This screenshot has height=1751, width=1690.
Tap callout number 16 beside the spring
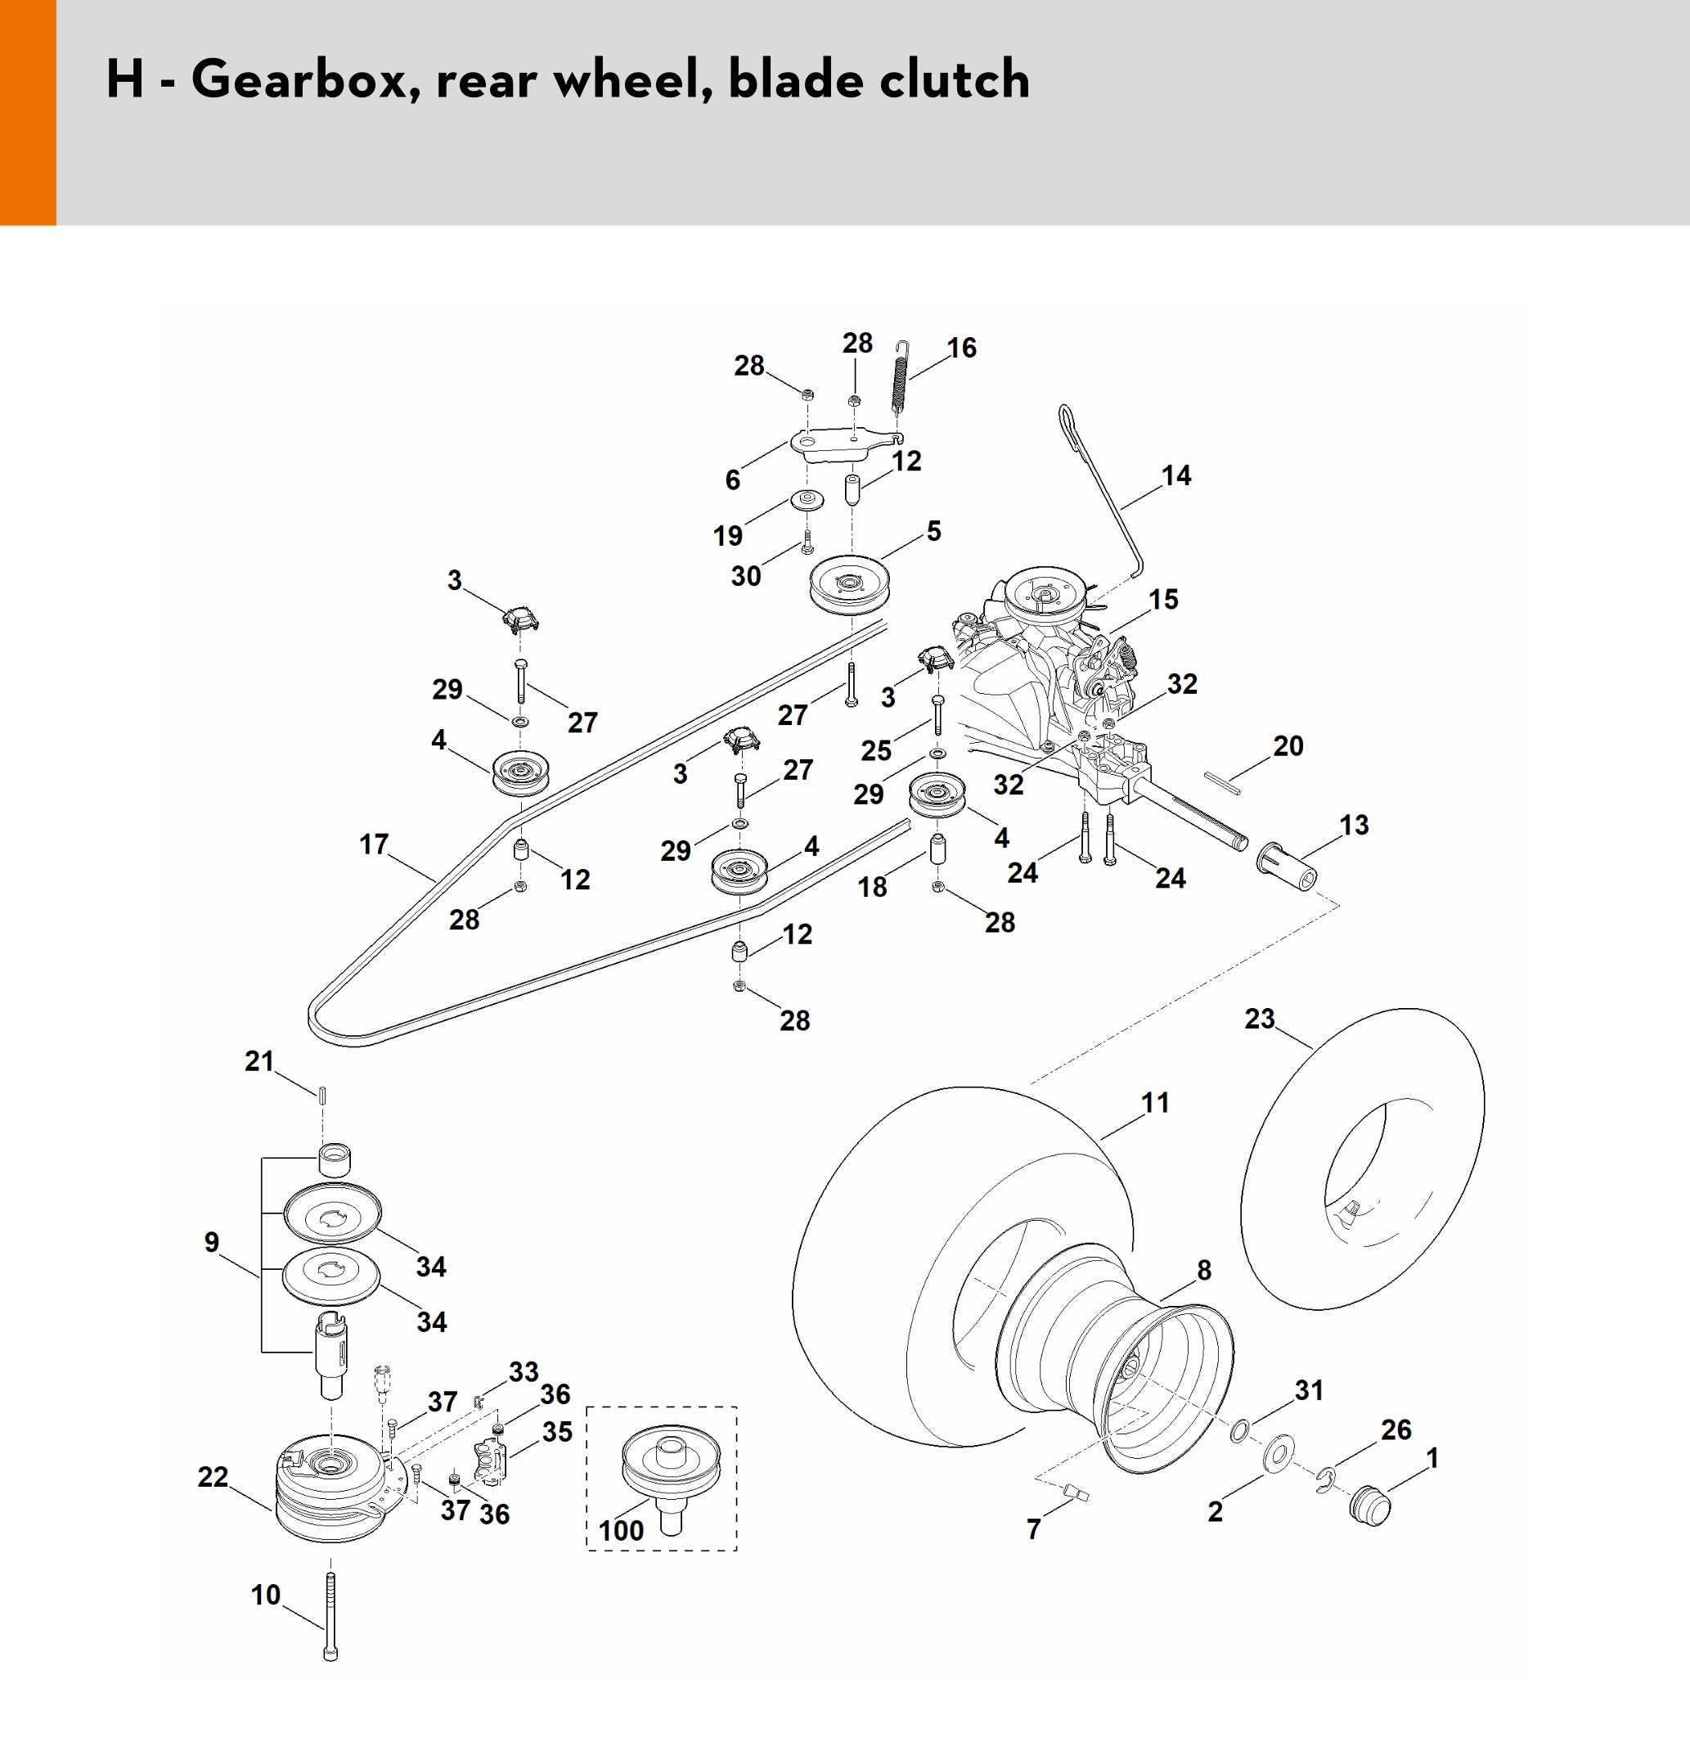961,348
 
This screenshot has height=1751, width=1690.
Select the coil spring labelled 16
901,377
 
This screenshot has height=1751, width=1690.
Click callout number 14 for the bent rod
1175,475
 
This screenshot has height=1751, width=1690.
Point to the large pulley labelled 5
848,584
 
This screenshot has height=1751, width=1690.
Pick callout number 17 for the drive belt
373,844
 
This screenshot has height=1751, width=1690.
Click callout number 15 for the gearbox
1163,599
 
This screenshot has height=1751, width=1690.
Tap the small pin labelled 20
1221,781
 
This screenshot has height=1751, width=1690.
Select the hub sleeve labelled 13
1286,864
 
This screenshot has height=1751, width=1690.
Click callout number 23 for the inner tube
1260,1019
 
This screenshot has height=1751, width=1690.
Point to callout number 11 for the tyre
1155,1102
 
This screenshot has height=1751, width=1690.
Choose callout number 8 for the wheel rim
1204,1270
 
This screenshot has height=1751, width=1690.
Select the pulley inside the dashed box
670,1465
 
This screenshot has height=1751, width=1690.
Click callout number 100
621,1530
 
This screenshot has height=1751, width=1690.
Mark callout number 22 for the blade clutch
213,1477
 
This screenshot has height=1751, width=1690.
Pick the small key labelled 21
323,1095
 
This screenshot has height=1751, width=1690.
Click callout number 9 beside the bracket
212,1242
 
